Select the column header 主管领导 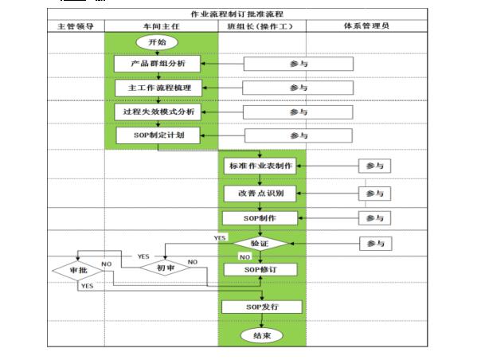point(76,25)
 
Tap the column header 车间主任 point(160,25)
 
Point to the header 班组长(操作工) point(261,25)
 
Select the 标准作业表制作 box point(260,166)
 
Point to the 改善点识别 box point(260,193)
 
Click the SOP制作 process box point(260,217)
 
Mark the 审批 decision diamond point(77,271)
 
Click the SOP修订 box point(260,270)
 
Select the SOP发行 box point(260,307)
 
